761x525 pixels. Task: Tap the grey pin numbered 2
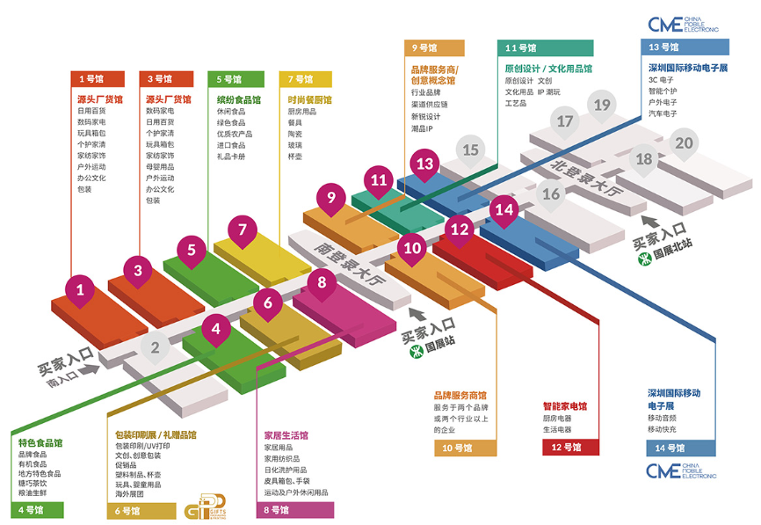(155, 348)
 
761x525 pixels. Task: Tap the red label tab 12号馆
(570, 448)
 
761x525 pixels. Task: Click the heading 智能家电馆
(564, 406)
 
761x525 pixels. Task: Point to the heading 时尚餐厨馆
(309, 100)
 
